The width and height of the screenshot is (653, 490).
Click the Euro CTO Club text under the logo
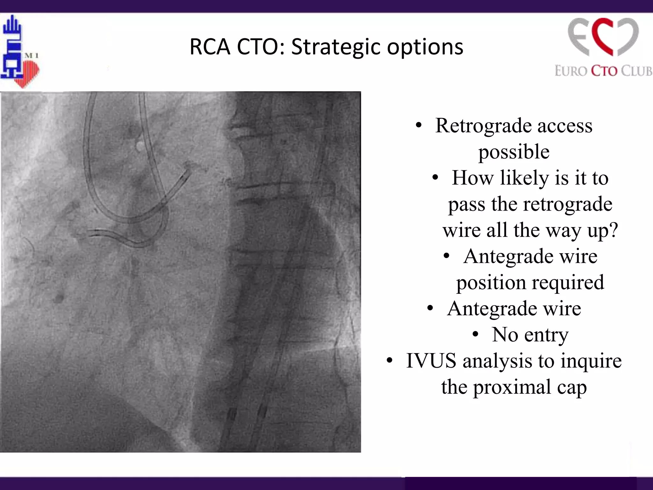603,71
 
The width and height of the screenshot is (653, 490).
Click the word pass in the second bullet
466,204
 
